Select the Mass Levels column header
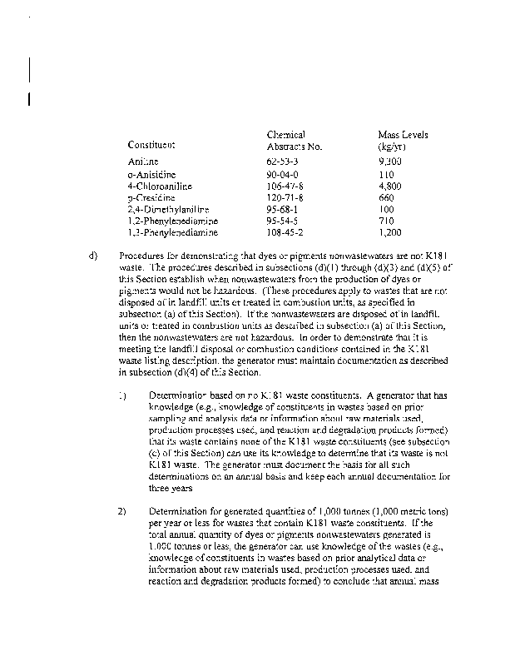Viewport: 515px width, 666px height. pyautogui.click(x=403, y=140)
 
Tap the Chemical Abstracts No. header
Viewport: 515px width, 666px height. pyautogui.click(x=294, y=140)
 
